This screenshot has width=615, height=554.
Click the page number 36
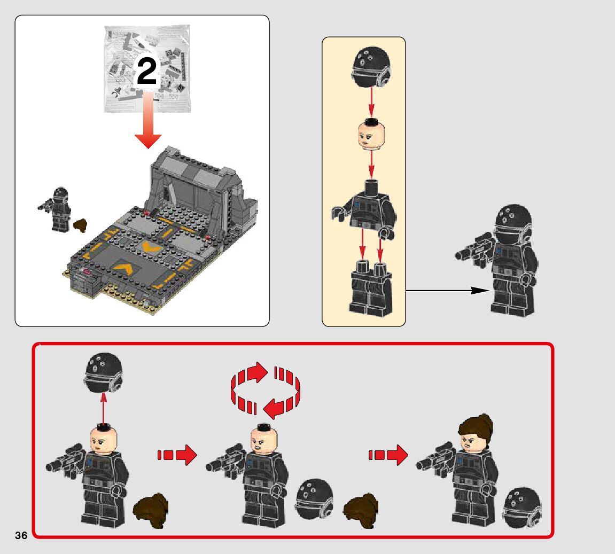(21, 535)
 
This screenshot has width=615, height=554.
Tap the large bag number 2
(147, 71)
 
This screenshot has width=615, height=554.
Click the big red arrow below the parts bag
(148, 120)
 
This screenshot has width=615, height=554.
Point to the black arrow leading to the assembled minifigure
(448, 291)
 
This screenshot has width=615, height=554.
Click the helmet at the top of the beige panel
(371, 67)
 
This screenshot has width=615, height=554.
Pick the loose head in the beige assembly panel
(371, 134)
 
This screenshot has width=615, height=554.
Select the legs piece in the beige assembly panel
(371, 288)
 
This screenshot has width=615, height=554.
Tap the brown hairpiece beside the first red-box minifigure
(151, 510)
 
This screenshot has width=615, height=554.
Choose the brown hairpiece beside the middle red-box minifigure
(361, 510)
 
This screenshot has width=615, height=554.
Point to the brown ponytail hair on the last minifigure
(476, 428)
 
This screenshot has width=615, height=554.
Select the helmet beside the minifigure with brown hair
(522, 508)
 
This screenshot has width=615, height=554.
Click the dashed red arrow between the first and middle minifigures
(177, 455)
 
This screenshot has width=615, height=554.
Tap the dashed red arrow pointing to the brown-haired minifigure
(388, 455)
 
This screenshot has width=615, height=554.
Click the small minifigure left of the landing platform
(56, 209)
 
